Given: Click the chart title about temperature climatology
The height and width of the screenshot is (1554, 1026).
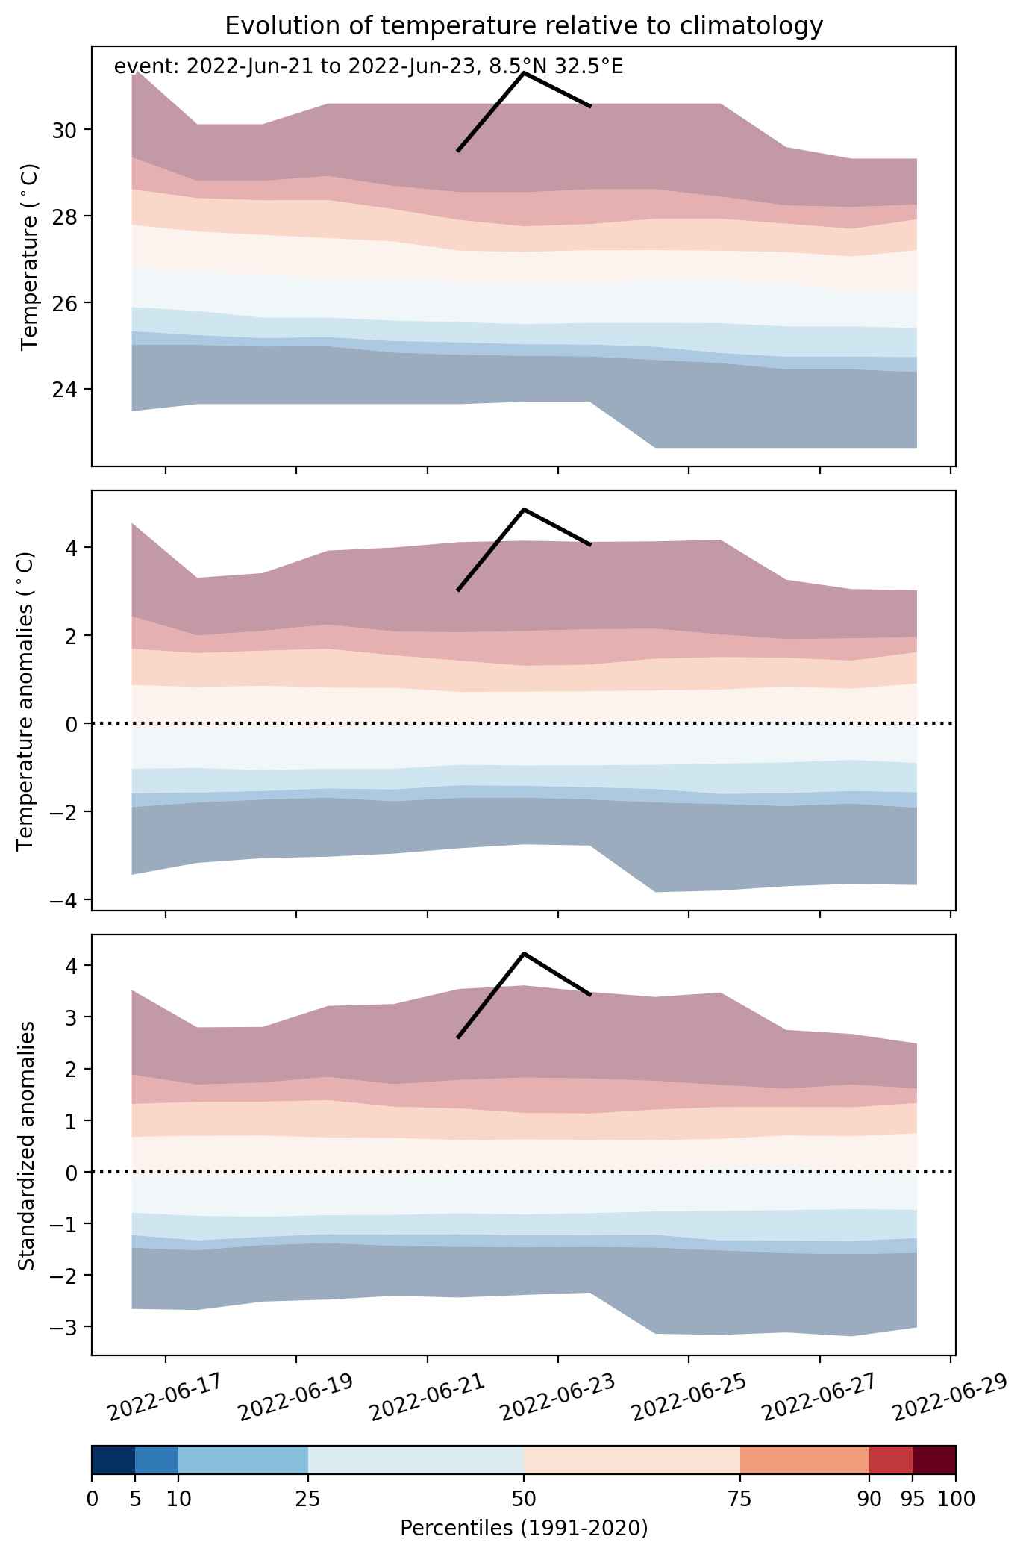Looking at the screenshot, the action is coord(524,26).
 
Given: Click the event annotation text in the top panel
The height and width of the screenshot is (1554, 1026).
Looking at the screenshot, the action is coord(369,67).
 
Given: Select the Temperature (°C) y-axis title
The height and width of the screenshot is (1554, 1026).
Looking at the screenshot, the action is coord(30,258).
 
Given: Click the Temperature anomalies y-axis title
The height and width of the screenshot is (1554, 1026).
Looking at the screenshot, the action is coord(26,701).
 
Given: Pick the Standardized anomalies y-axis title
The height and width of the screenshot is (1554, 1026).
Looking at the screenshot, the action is coord(26,1145).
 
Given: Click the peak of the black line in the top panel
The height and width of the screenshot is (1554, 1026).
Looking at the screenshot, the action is coord(524,73).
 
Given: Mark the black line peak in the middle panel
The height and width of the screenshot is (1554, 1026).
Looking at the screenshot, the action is coord(524,509).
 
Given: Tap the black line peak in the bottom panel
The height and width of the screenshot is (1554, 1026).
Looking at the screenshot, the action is coord(524,953).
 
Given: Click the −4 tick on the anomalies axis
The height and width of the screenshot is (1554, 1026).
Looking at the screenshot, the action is coord(66,900).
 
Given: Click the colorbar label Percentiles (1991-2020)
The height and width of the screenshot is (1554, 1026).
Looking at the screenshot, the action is coord(524,1528).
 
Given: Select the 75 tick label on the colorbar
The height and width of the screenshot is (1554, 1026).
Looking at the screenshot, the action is coord(739,1500).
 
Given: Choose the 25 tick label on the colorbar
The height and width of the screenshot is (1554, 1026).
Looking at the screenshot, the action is coord(308,1500).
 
